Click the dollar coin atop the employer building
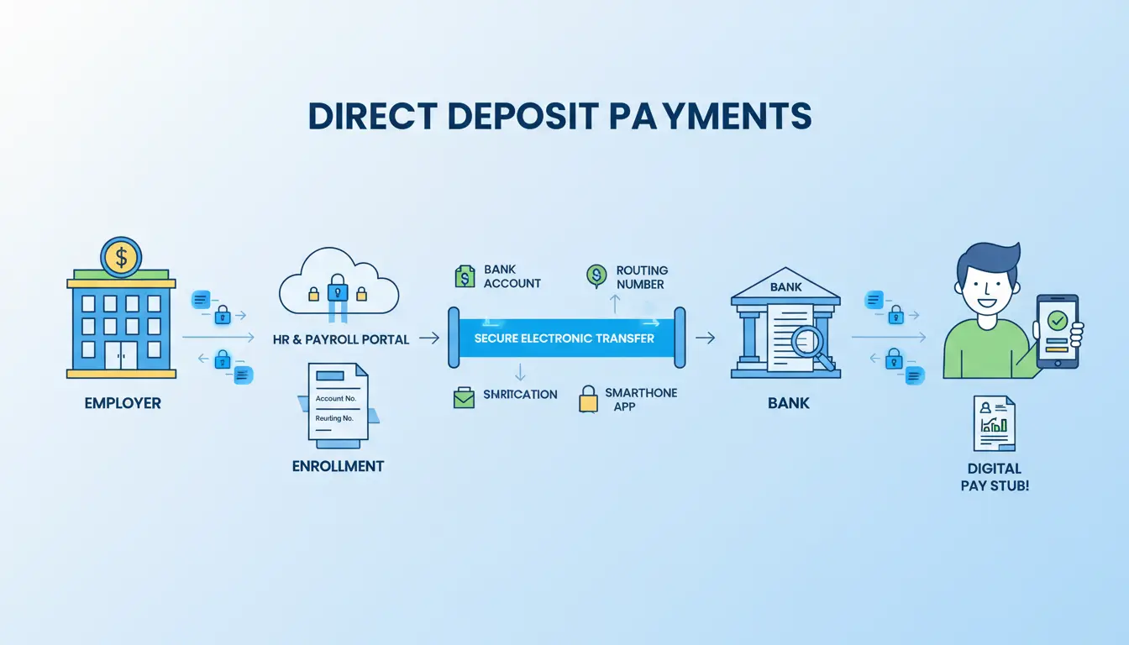(121, 257)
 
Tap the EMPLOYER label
(123, 403)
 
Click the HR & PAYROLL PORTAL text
(341, 339)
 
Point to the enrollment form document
(337, 401)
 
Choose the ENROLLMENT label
(338, 465)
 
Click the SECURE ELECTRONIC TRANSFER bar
(564, 338)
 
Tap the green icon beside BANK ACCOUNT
(465, 276)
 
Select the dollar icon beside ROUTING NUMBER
(597, 275)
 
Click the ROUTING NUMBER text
(642, 277)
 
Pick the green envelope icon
(464, 397)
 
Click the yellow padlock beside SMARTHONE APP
(588, 399)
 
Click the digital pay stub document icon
(994, 424)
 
